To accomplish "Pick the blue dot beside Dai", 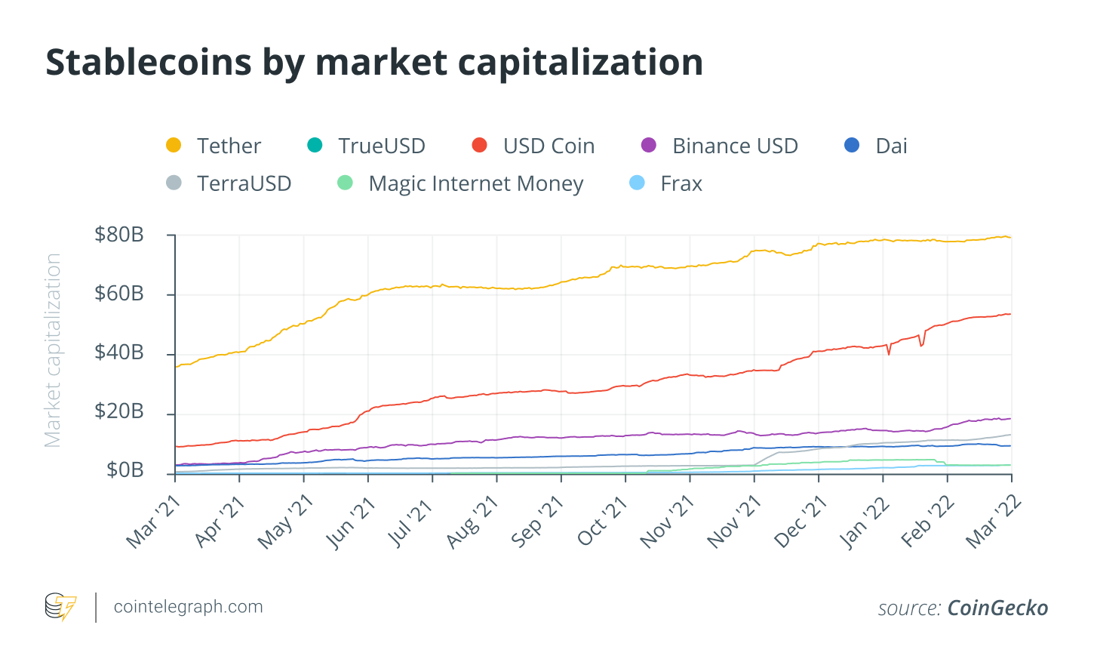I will [x=852, y=145].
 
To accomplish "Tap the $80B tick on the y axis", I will [x=119, y=235].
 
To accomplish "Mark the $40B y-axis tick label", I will [x=119, y=352].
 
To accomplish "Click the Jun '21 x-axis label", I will [x=352, y=522].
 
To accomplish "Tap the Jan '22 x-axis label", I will [x=865, y=522].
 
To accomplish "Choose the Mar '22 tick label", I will [x=994, y=522].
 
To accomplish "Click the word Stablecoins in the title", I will [x=149, y=62].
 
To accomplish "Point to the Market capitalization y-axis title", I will [x=53, y=350].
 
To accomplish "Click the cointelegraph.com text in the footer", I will [x=188, y=607].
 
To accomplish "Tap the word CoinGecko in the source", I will [x=997, y=608].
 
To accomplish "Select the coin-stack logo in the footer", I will [x=60, y=607].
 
